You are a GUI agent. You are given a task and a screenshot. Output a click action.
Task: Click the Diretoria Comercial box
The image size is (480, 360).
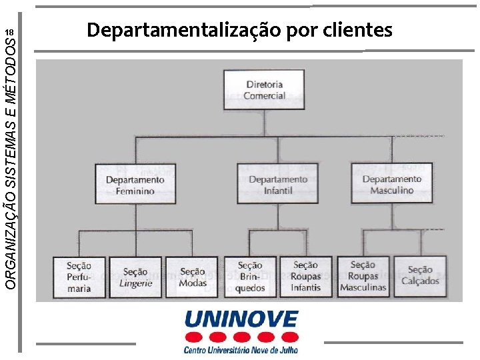[x=265, y=91]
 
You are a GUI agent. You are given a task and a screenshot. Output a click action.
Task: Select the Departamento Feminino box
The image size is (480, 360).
[x=135, y=184]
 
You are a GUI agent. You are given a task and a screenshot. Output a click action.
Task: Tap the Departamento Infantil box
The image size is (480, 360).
[x=278, y=184]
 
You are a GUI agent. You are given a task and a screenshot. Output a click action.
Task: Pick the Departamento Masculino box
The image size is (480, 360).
[x=392, y=183]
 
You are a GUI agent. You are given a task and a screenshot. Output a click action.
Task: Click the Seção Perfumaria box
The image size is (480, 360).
[x=79, y=277]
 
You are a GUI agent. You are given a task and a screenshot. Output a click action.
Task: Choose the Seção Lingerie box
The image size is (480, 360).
[x=135, y=277]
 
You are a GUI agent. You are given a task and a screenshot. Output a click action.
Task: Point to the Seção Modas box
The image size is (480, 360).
[x=192, y=277]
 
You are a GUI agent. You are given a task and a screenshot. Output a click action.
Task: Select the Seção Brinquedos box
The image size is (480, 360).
[x=250, y=277]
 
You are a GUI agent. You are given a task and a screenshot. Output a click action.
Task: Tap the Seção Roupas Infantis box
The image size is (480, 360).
[x=306, y=277]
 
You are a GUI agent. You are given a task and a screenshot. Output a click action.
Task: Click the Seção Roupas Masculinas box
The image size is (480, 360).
[x=363, y=277]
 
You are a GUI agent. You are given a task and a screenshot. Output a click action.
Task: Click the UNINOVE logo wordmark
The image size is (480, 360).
[x=241, y=319]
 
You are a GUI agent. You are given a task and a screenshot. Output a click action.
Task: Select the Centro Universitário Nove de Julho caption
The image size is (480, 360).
[x=241, y=349]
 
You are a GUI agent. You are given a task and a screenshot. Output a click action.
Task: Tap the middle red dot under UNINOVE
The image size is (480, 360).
[x=241, y=336]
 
